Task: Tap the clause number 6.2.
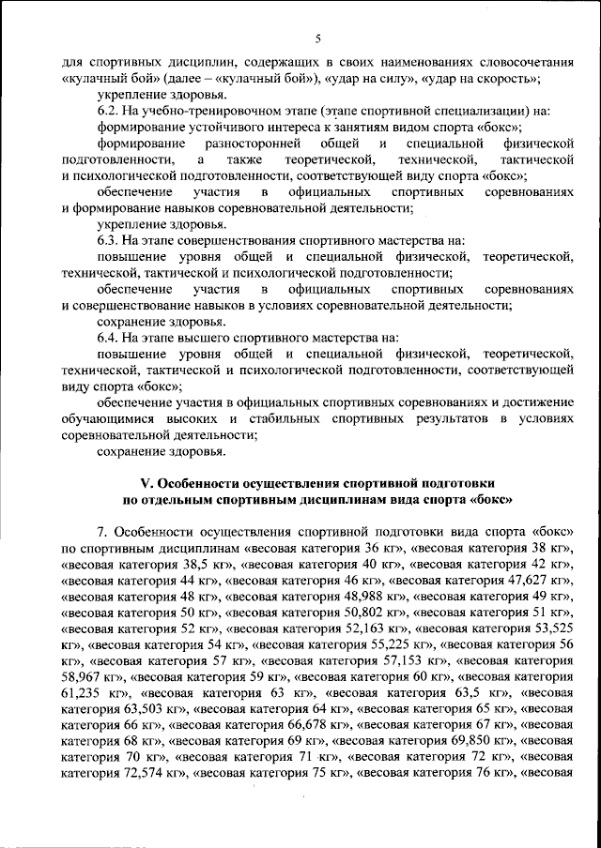click(x=109, y=111)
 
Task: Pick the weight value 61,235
click(x=83, y=693)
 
